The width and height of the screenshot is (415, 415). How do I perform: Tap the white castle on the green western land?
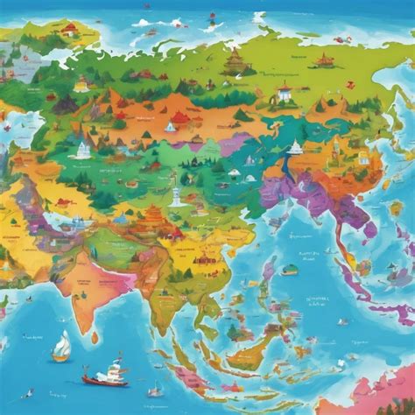(x=82, y=149)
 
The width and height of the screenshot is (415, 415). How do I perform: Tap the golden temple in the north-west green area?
(x=81, y=84)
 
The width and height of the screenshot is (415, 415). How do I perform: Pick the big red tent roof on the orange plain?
(x=179, y=117)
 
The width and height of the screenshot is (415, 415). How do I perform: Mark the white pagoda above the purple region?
(x=295, y=147)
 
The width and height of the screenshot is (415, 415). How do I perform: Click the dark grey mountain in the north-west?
(x=64, y=104)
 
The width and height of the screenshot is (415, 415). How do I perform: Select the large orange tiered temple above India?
(x=152, y=214)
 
